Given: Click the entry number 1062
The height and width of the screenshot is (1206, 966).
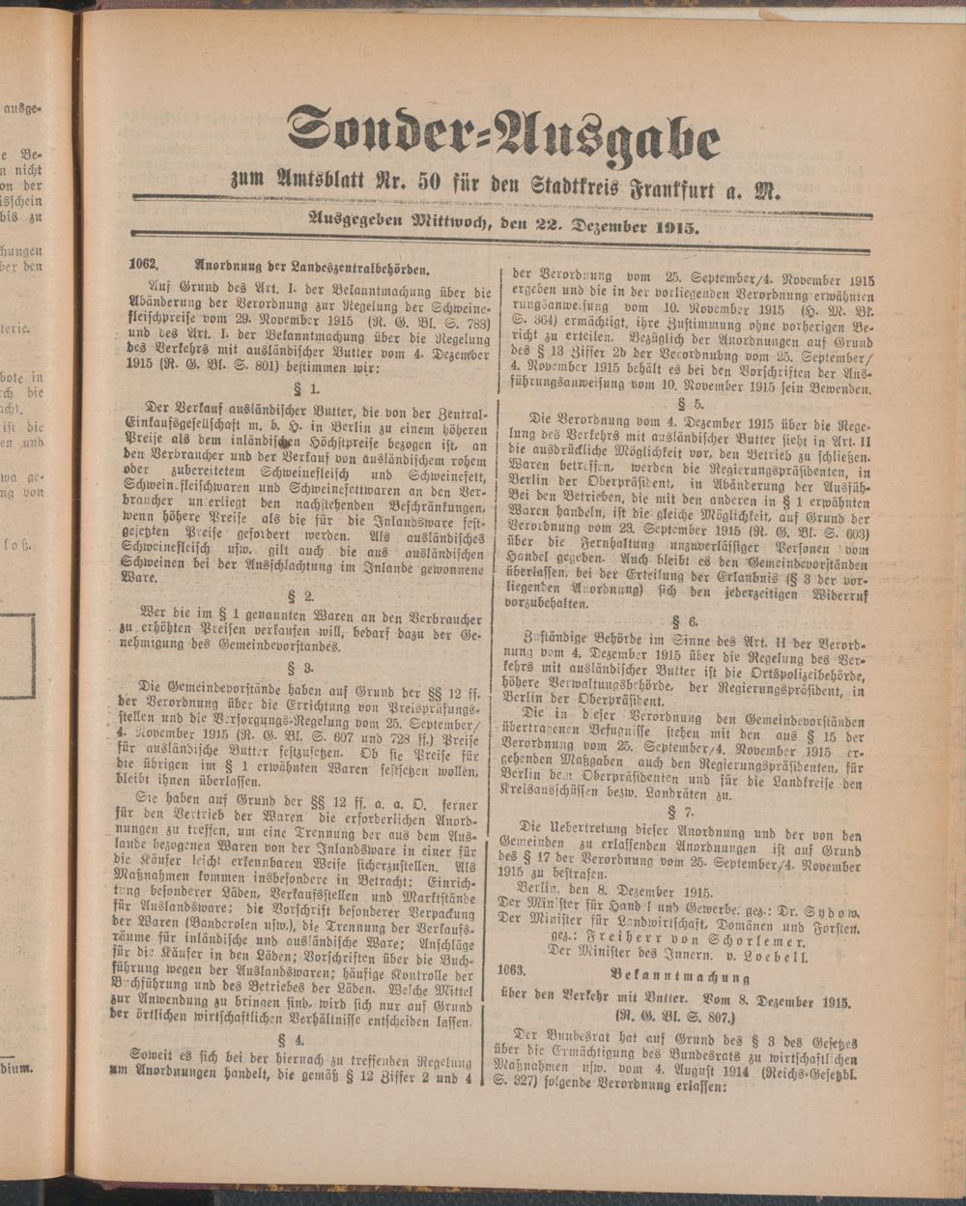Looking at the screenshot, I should [x=143, y=263].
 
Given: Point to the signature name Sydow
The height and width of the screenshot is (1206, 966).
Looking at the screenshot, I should [x=830, y=910].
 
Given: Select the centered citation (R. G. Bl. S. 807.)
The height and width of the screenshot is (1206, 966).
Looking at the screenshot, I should [x=675, y=1017].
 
